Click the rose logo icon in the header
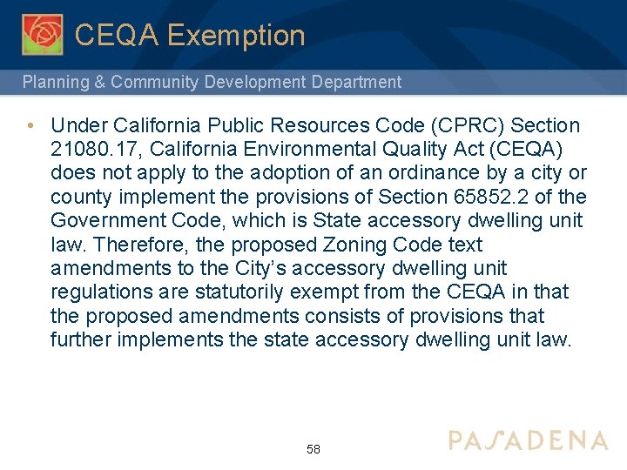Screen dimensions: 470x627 [x=42, y=34]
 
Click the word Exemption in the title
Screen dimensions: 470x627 [x=236, y=36]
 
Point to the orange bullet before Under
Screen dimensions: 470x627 [x=30, y=126]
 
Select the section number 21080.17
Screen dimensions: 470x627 [x=91, y=150]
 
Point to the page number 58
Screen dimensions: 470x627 [x=313, y=450]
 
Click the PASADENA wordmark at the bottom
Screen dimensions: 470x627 [x=529, y=440]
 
